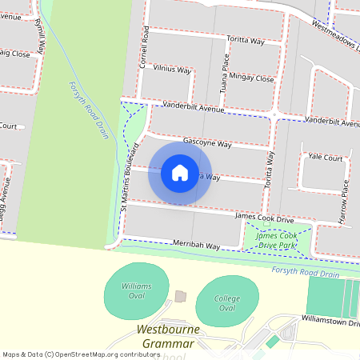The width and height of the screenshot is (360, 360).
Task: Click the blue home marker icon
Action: (x=180, y=173)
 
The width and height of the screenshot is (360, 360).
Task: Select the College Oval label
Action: (x=227, y=303)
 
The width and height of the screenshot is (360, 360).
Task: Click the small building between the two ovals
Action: (x=180, y=297)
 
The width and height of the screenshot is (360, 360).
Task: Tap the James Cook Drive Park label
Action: (x=277, y=240)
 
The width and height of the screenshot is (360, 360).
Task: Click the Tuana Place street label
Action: (x=225, y=73)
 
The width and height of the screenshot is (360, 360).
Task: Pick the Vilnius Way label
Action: (x=173, y=70)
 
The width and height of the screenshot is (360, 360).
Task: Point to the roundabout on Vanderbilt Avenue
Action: (x=274, y=114)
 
